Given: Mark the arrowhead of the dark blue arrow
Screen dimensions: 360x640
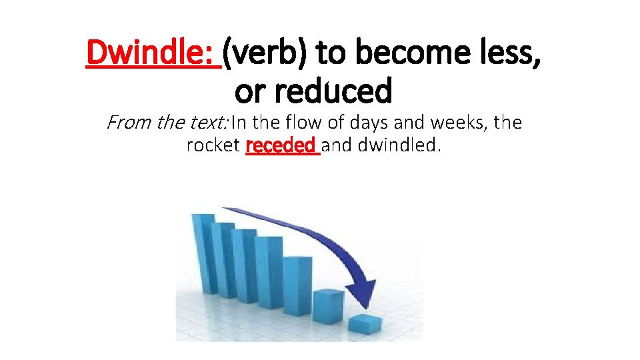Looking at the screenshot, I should [x=363, y=289].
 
